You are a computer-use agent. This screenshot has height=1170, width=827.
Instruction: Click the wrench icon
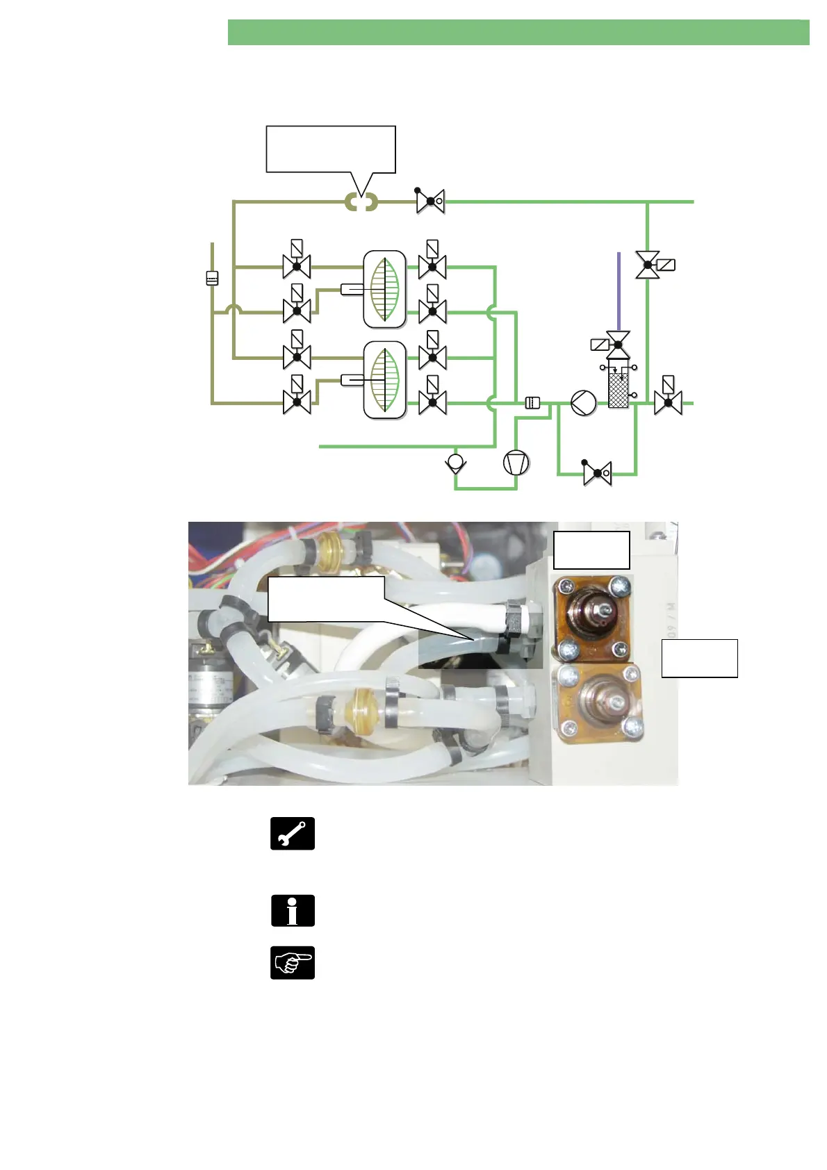tap(293, 833)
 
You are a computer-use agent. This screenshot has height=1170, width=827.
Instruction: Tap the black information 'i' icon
tap(293, 910)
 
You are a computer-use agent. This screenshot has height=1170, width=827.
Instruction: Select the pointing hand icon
tap(293, 963)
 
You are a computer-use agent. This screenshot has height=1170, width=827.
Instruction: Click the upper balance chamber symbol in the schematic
tap(384, 289)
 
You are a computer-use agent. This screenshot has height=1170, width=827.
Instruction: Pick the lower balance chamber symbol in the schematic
tap(384, 380)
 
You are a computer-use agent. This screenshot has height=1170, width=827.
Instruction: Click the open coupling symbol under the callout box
tap(361, 202)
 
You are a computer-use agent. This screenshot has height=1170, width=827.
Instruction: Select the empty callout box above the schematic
tap(331, 149)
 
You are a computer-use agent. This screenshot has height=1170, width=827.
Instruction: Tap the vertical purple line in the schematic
tap(619, 292)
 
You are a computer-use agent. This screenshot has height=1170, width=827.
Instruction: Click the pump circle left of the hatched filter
tap(583, 403)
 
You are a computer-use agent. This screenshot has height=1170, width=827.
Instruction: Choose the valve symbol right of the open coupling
tap(430, 201)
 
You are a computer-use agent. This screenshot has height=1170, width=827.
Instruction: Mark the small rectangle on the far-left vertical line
tap(212, 278)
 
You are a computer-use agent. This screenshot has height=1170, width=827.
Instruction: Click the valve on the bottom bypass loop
tap(597, 474)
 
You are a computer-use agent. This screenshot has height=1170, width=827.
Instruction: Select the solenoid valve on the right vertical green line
tap(648, 265)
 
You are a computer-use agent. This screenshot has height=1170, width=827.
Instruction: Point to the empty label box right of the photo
tap(699, 658)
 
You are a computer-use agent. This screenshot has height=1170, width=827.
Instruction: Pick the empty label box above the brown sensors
tap(591, 550)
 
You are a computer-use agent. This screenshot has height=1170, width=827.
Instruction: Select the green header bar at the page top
tap(518, 33)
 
